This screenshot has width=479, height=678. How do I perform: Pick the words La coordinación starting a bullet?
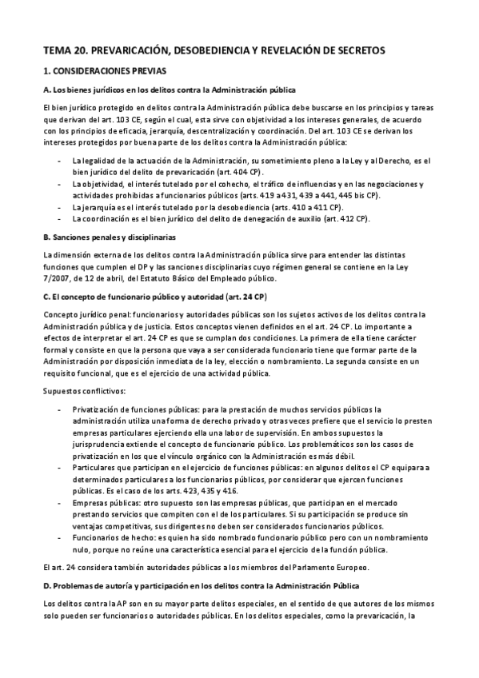[98, 217]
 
